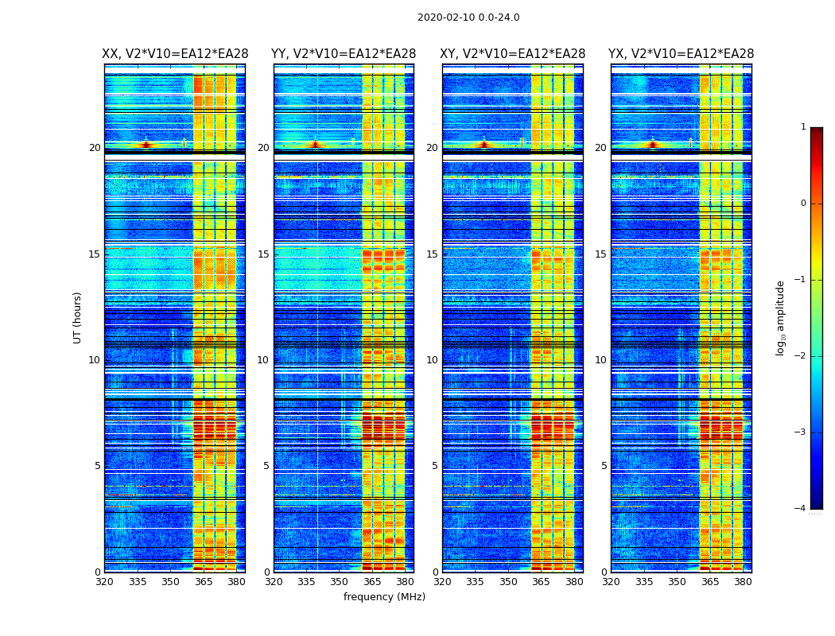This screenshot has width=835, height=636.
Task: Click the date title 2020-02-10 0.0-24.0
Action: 468,17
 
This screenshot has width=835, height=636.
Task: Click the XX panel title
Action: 175,54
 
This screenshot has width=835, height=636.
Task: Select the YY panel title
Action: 344,54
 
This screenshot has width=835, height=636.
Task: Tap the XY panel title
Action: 513,54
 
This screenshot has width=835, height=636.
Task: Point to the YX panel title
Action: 682,54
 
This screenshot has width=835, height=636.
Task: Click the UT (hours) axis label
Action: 78,317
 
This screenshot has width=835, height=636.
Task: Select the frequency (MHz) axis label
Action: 384,597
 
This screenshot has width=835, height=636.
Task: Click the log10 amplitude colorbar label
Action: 781,317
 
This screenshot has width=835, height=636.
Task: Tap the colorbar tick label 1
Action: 803,127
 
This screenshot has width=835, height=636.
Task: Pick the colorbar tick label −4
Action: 801,509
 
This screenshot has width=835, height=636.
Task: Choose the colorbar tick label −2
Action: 801,356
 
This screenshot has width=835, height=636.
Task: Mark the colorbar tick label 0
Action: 803,204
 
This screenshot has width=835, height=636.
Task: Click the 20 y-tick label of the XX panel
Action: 95,148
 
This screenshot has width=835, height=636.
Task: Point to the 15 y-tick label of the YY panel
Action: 263,254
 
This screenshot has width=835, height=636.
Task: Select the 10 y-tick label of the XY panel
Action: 432,360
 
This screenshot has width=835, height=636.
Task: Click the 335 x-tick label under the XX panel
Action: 138,582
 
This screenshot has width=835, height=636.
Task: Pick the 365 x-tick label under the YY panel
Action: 372,582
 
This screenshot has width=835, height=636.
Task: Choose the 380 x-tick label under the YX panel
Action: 743,582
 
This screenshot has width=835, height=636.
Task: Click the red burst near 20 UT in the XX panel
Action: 146,145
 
